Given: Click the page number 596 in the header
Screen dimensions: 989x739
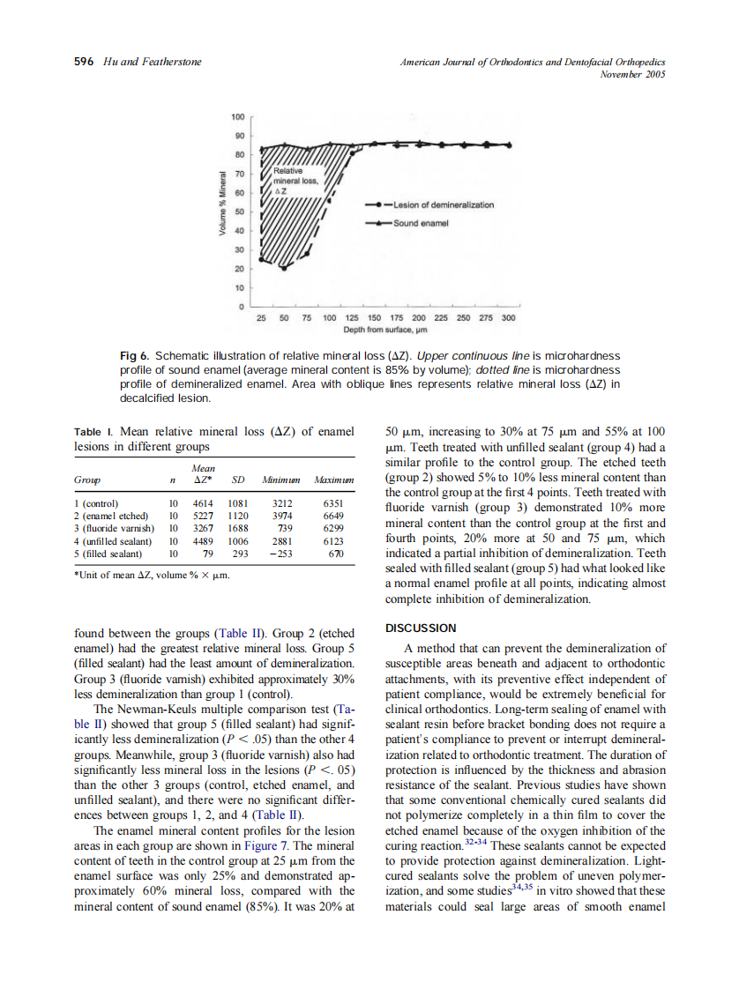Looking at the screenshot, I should [x=83, y=62].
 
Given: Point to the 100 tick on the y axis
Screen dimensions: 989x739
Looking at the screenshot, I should [x=237, y=117].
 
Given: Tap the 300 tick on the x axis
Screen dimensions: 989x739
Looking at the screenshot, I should [x=508, y=317].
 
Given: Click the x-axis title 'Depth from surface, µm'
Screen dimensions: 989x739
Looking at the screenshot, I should [x=384, y=330].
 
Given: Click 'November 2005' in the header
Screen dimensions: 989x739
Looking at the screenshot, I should [x=631, y=74].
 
